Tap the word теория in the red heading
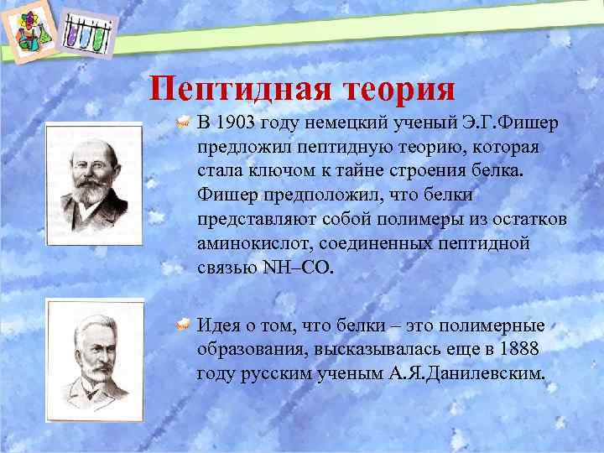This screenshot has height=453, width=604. tap(396, 88)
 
